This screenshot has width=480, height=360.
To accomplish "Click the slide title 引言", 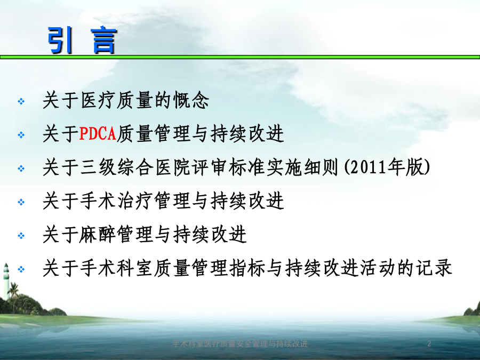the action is point(82,40).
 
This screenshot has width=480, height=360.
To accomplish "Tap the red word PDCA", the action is point(98,134).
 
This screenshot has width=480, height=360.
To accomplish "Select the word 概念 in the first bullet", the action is point(191,100).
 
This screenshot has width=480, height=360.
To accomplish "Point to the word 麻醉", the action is point(98,235).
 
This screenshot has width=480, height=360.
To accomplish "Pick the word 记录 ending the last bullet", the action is point(434,268).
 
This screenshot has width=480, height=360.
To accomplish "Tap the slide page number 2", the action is point(429,343).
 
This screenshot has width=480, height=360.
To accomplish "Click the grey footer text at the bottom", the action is point(240,344).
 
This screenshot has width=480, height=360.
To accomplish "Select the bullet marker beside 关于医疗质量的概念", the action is point(21,101).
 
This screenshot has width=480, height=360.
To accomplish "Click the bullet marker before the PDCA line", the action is point(21,135).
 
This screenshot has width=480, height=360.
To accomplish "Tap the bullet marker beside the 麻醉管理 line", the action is point(21,236).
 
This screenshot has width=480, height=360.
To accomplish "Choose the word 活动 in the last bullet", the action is point(378,268).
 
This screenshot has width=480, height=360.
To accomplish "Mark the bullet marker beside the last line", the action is point(21,269).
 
